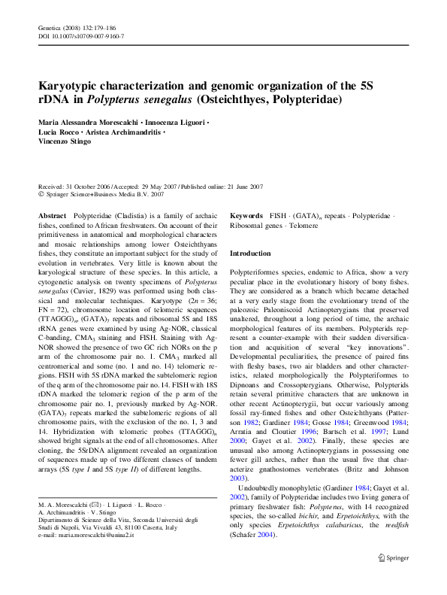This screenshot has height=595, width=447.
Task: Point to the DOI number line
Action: point(81,36)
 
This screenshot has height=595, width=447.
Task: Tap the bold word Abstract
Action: point(52,215)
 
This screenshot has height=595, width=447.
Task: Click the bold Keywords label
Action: point(246,215)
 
